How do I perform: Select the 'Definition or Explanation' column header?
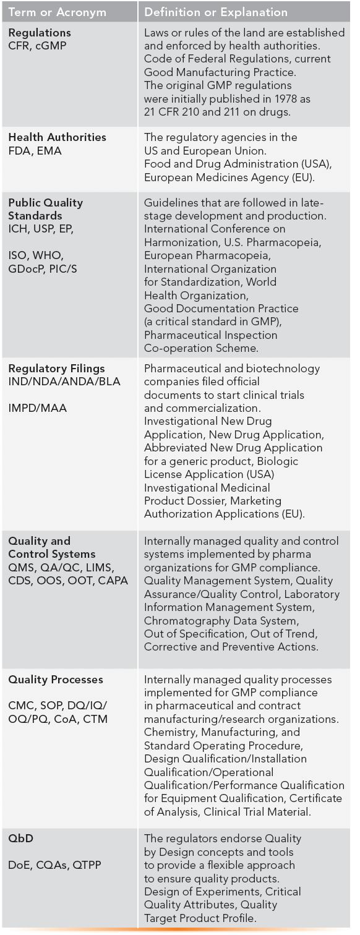(x=216, y=12)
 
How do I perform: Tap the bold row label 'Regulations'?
(x=40, y=33)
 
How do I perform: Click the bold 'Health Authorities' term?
(x=57, y=137)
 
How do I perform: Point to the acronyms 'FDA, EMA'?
(x=35, y=151)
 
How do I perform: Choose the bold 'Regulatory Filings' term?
(x=56, y=369)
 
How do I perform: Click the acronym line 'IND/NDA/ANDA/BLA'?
(x=64, y=382)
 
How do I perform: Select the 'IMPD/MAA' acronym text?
(x=37, y=408)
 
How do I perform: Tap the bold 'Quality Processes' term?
(x=56, y=680)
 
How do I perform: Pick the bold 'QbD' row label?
(x=20, y=839)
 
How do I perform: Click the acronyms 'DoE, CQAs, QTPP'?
(x=54, y=865)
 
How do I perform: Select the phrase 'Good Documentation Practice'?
(x=221, y=308)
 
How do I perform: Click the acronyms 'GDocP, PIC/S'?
(x=43, y=269)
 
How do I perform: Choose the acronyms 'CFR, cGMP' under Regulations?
(x=38, y=46)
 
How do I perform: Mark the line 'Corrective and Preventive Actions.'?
(x=231, y=647)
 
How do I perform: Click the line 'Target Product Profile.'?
(x=201, y=918)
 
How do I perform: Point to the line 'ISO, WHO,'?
(x=36, y=255)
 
